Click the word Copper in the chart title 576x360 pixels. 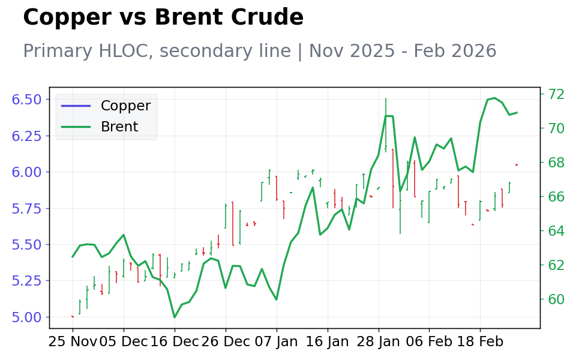coord(67,17)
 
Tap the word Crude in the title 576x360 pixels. coord(267,17)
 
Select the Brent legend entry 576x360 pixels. coord(100,127)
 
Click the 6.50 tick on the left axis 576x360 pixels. coord(26,100)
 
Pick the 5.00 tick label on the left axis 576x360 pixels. coord(26,317)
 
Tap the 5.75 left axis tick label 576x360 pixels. coord(26,209)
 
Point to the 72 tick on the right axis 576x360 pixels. coord(556,94)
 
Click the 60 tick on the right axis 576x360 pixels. coord(556,299)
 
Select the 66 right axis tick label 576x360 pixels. coord(556,197)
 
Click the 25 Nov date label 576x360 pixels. coord(73,342)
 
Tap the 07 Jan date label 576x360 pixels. coord(277,342)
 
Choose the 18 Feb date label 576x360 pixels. coord(480,342)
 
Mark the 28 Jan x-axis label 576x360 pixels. coord(379,342)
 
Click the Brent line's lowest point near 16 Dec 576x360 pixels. coord(175,317)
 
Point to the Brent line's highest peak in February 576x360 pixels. coord(494,98)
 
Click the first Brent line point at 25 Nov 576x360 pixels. coord(73,257)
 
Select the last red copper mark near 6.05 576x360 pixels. coord(517,164)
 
